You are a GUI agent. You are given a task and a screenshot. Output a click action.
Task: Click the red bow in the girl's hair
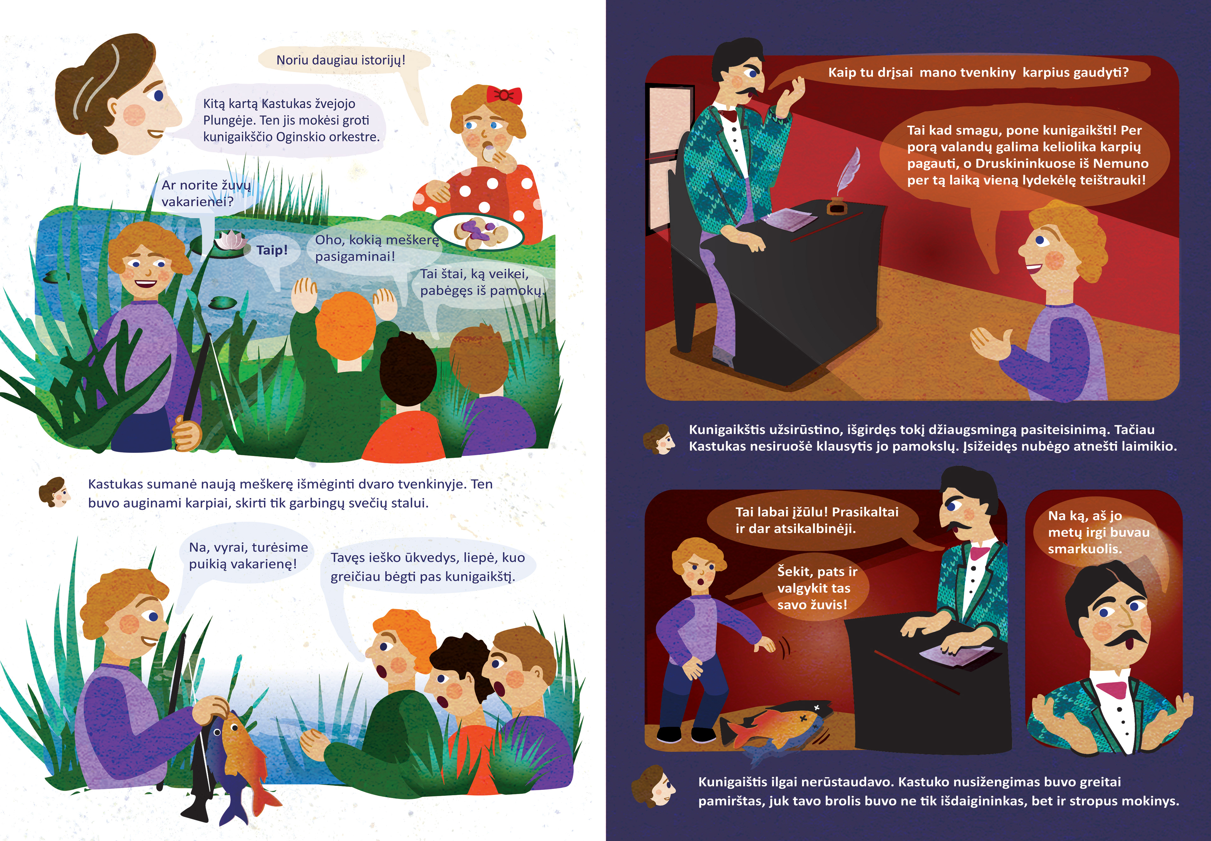(503, 95)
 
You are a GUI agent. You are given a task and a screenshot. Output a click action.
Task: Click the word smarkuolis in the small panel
(1085, 549)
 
